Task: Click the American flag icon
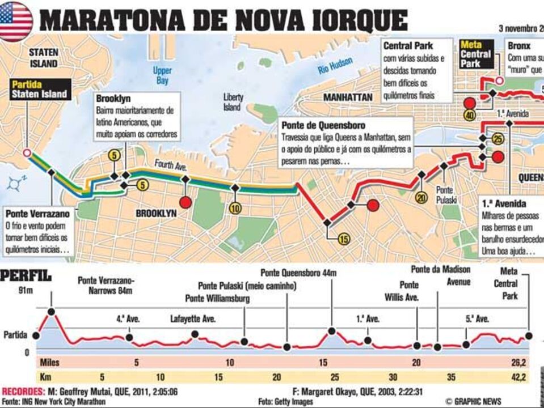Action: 16,22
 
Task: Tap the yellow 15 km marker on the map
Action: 343,239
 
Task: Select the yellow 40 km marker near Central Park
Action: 469,116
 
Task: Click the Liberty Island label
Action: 234,101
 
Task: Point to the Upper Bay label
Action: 162,75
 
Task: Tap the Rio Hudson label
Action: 335,66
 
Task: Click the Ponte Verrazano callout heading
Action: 38,214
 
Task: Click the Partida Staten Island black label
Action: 39,90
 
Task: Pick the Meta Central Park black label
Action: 475,54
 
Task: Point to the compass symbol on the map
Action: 15,183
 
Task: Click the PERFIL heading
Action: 26,277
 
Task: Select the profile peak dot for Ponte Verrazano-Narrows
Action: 52,311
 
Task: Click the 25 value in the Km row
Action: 335,377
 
